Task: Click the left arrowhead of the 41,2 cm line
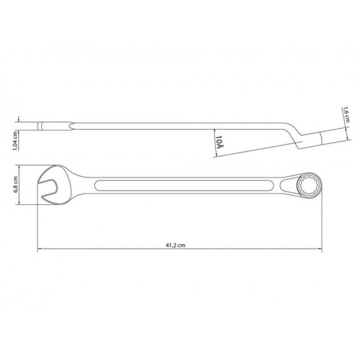click(x=39, y=249)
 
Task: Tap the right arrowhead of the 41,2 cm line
click(x=322, y=249)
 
